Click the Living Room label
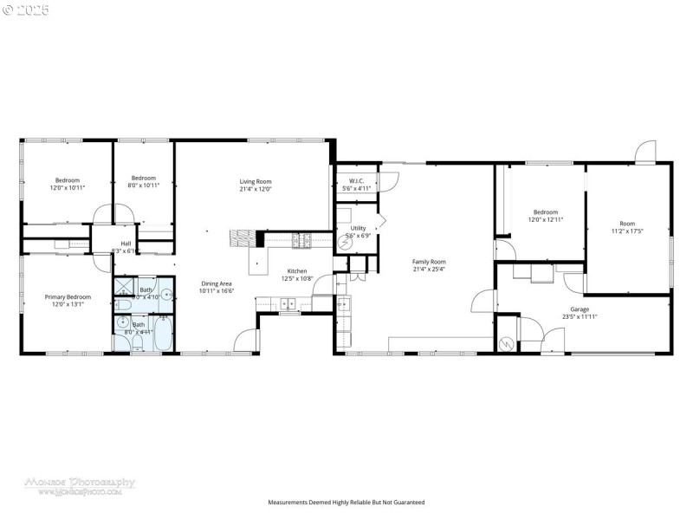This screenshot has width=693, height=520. point(256,181)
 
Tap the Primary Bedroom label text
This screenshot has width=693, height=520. point(68,297)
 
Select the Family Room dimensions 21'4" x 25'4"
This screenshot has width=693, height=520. point(428,270)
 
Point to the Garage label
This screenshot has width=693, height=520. point(580,309)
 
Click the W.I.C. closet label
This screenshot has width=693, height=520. point(356,181)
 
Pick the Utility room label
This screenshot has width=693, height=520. point(358,228)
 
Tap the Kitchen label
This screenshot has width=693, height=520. point(297,271)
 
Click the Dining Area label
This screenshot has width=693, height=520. point(216,283)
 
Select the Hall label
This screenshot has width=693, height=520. point(126,244)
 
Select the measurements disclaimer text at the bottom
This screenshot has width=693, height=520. point(346,502)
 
